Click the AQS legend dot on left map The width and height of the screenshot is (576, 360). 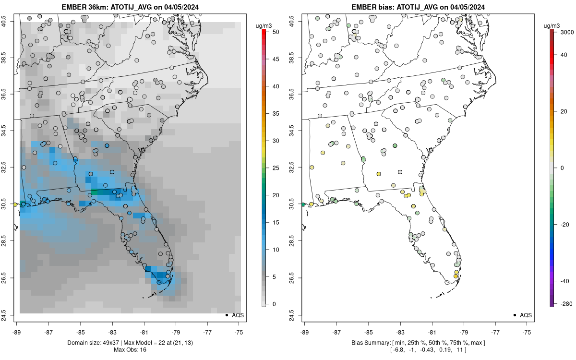click(226, 315)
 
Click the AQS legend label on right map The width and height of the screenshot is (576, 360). click(527, 315)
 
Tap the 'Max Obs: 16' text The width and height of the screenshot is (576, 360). click(130, 349)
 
